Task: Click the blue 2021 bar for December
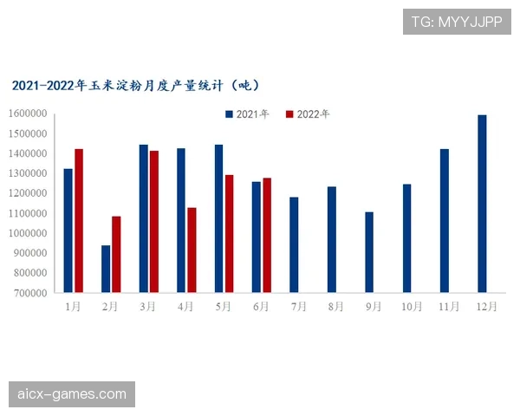(482, 204)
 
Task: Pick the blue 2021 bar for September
(369, 252)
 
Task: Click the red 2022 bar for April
(192, 250)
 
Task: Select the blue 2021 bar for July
(294, 244)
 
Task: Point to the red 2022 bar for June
(267, 235)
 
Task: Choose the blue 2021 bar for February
(106, 269)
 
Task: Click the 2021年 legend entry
(248, 114)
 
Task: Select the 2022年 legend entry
(308, 114)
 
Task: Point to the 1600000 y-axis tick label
(29, 114)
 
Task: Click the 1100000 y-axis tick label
(29, 213)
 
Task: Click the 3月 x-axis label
(148, 307)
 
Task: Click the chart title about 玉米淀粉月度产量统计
(135, 86)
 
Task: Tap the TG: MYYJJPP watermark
(457, 20)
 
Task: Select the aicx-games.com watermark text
(72, 395)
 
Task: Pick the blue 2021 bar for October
(406, 238)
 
